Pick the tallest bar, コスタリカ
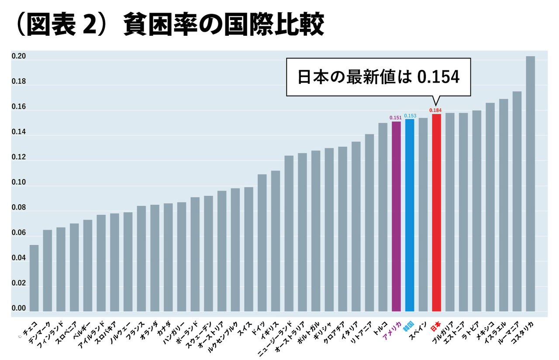click(x=530, y=183)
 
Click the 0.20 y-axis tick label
click(x=19, y=57)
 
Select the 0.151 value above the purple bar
click(x=396, y=117)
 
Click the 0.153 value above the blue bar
click(x=410, y=116)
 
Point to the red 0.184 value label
click(x=435, y=110)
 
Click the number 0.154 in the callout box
click(x=438, y=77)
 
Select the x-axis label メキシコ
click(x=485, y=331)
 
